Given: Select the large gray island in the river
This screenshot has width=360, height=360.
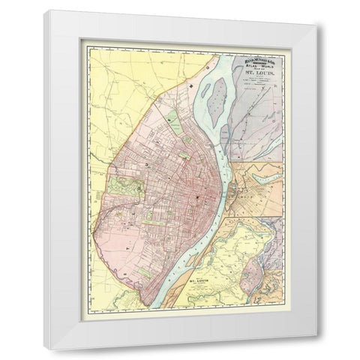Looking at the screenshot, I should point(217,100).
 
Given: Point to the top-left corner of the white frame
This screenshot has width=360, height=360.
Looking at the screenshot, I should point(43,10).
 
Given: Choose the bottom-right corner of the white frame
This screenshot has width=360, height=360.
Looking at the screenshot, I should point(316,349).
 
